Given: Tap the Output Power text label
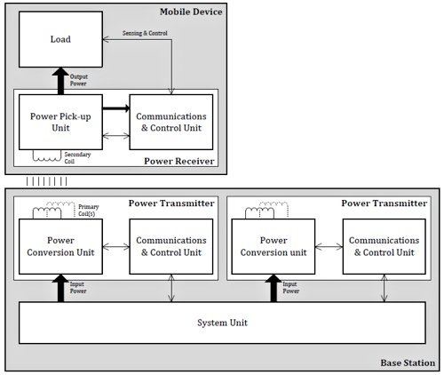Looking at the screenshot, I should (x=79, y=81).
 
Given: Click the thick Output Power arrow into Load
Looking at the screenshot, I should (x=61, y=81).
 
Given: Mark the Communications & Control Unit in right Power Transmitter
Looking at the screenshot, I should (x=383, y=247).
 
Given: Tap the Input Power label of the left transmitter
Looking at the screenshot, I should (x=79, y=288).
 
